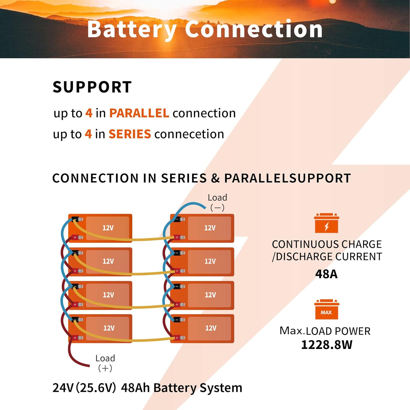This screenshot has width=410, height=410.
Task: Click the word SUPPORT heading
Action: (92, 87)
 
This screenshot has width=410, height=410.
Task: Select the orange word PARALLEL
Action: (139, 113)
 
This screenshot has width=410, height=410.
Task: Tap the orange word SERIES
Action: (130, 134)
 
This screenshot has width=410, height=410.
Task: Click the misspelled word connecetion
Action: (189, 134)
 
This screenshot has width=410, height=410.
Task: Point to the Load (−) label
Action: (217, 202)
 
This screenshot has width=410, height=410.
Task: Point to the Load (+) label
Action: (105, 363)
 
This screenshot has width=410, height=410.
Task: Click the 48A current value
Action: (326, 274)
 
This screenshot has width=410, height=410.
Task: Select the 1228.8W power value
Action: (327, 345)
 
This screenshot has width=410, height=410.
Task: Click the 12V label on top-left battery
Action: (108, 228)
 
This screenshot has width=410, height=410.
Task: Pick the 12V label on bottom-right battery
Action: (211, 328)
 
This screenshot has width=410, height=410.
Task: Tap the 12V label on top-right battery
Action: (210, 228)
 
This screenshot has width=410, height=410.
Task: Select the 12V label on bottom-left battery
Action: (109, 328)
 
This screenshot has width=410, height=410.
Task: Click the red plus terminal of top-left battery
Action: (75, 237)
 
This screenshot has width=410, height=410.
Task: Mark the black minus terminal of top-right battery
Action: (177, 219)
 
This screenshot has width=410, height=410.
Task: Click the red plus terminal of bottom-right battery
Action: (177, 338)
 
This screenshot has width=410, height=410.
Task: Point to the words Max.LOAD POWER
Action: (325, 331)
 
